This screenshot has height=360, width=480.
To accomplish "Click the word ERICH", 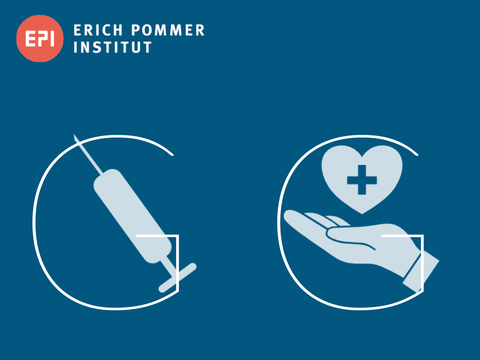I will (99, 30).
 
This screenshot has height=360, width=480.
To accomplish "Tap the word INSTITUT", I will (113, 48).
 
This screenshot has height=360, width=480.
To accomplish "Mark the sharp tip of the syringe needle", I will (76, 134).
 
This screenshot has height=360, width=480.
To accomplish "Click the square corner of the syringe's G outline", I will (177, 236).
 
